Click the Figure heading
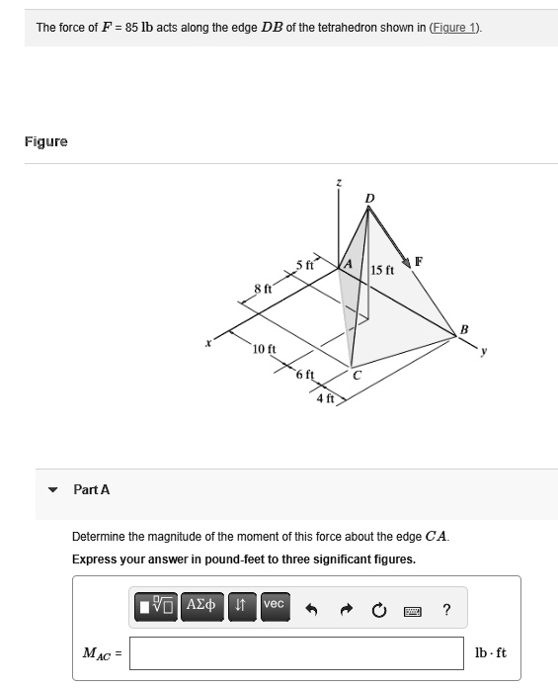[46, 141]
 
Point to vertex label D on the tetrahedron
[369, 200]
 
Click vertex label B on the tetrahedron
[465, 329]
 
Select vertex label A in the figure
[347, 265]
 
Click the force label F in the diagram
[419, 262]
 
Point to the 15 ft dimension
[382, 270]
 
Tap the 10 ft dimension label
[264, 349]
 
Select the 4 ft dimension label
[325, 398]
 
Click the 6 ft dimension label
[304, 374]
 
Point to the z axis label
[339, 183]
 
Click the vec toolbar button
[274, 604]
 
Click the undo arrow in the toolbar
[310, 610]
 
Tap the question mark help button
[446, 610]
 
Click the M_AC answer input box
[295, 653]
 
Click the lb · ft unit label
[490, 653]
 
